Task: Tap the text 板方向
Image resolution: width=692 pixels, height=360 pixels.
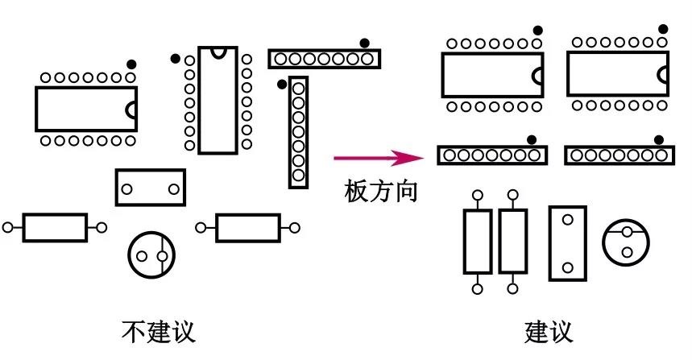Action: pyautogui.click(x=381, y=191)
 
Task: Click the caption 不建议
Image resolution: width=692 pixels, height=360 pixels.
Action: pyautogui.click(x=158, y=331)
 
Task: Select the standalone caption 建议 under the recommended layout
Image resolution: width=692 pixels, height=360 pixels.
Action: pyautogui.click(x=549, y=331)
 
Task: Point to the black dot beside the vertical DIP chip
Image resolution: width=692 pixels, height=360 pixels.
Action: pyautogui.click(x=175, y=58)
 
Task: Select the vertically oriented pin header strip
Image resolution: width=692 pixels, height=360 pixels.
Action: pyautogui.click(x=299, y=132)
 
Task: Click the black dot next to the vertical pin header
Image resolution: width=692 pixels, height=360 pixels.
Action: pyautogui.click(x=281, y=84)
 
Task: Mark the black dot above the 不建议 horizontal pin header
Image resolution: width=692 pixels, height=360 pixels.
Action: pyautogui.click(x=365, y=43)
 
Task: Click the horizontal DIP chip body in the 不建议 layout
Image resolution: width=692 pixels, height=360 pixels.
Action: pyautogui.click(x=85, y=109)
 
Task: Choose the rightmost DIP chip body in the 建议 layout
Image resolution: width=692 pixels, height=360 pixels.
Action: pyautogui.click(x=617, y=74)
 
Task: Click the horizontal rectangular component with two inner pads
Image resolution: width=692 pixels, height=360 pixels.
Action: pyautogui.click(x=150, y=188)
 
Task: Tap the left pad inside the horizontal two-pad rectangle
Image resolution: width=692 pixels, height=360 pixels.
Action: pyautogui.click(x=126, y=188)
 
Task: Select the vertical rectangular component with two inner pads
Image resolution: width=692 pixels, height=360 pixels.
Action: pyautogui.click(x=568, y=243)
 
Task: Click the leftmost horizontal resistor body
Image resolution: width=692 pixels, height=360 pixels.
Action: pyautogui.click(x=55, y=228)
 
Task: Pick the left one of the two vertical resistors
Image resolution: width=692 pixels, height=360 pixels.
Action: pyautogui.click(x=477, y=241)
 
